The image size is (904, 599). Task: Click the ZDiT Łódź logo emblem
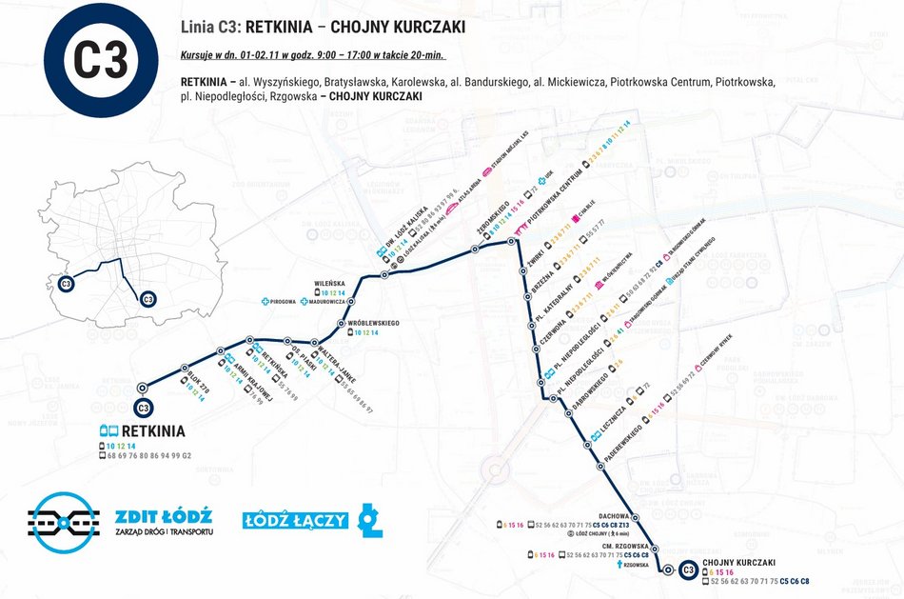[x=63, y=522]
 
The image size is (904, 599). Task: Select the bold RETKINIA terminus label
[x=152, y=431]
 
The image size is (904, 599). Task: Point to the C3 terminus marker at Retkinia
[x=144, y=409]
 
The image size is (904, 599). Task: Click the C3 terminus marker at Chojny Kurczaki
[x=686, y=569]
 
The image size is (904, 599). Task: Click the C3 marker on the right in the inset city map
[x=147, y=300]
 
